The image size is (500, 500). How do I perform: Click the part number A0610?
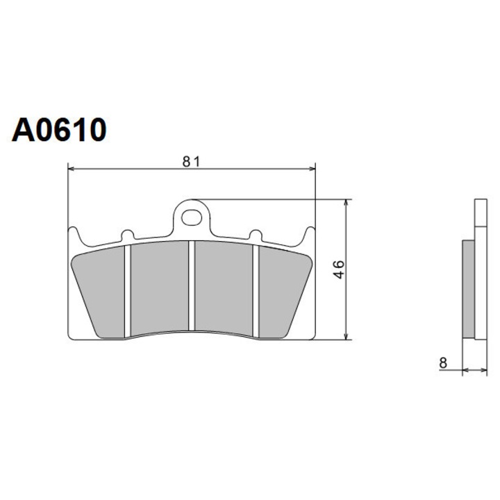[x=59, y=130]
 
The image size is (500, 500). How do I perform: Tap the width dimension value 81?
[x=191, y=162]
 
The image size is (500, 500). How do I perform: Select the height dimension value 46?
[x=340, y=269]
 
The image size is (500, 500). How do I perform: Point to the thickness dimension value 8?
[x=443, y=363]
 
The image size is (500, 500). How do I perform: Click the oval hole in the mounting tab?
[x=192, y=218]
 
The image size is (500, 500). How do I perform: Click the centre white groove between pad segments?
[x=192, y=285]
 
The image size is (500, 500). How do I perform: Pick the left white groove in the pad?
[x=128, y=290]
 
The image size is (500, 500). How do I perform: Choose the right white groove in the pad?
[x=256, y=290]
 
